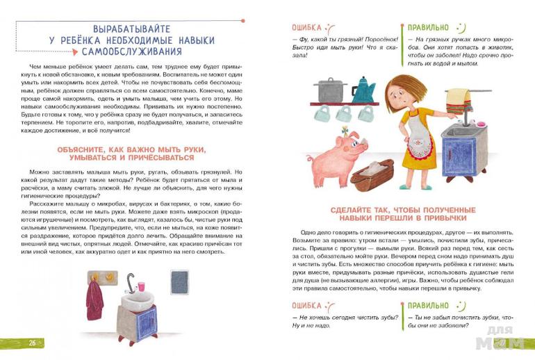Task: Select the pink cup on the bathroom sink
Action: pos(140,286)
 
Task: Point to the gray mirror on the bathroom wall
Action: pos(179,281)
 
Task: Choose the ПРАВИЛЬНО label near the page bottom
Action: pos(427,305)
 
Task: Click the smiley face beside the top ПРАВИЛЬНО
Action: pos(461,27)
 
